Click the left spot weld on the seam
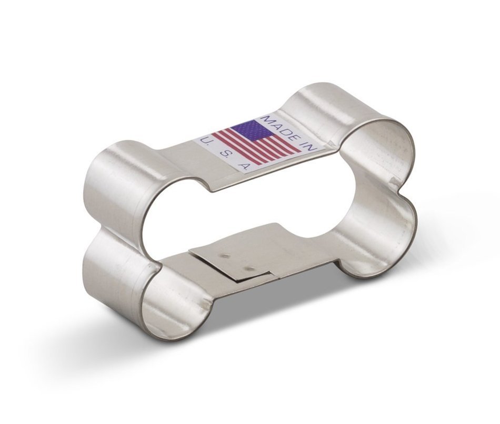point(226,256)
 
